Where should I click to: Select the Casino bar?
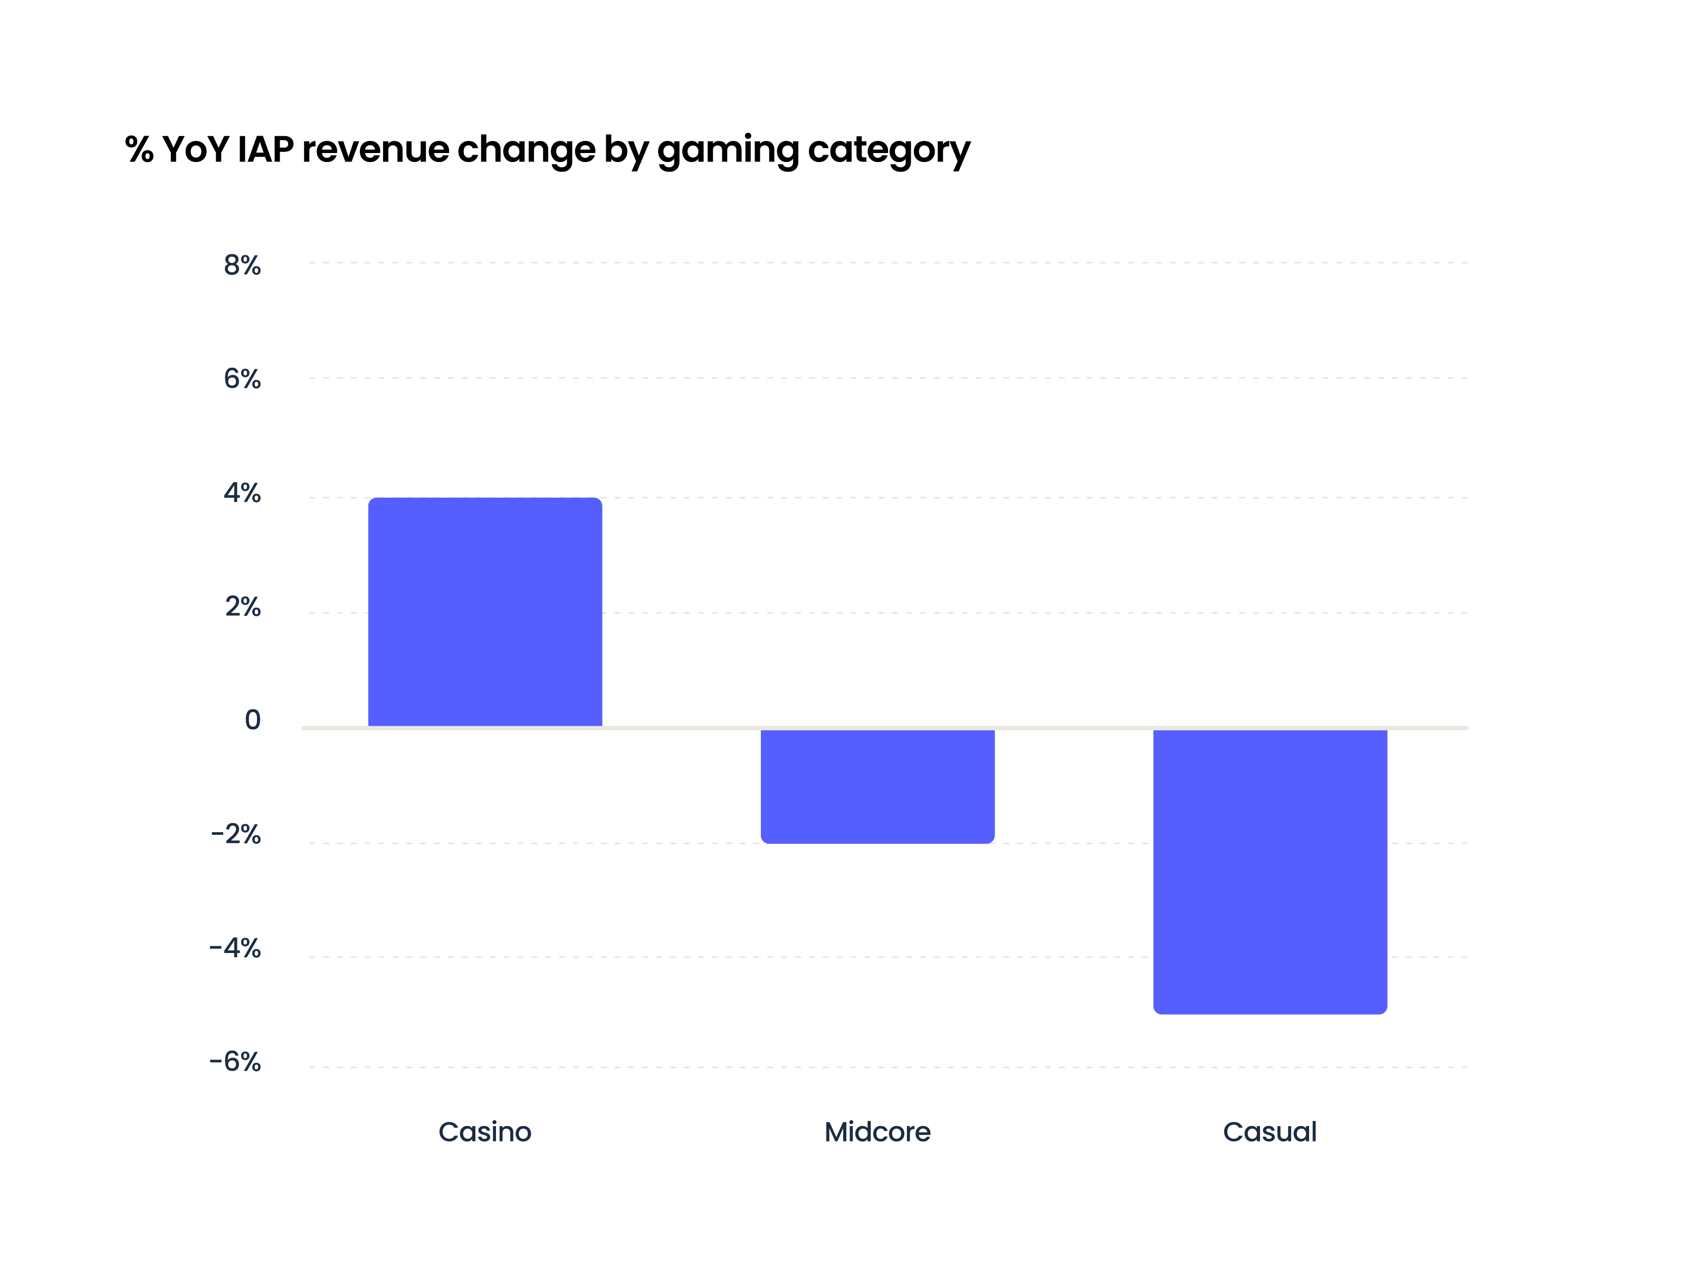[485, 612]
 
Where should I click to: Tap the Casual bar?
[1270, 871]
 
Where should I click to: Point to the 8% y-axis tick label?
[242, 265]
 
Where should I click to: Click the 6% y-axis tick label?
[242, 379]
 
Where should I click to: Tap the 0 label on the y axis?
[252, 719]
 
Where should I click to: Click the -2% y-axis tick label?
[235, 834]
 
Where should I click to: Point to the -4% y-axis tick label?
[235, 948]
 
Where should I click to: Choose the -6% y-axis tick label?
[235, 1062]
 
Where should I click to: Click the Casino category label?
[485, 1132]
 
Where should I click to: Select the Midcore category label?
[877, 1132]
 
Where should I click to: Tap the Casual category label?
[1270, 1132]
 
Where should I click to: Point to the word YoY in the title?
[195, 150]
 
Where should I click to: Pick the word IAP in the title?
[265, 150]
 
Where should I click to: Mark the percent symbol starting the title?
[139, 150]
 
